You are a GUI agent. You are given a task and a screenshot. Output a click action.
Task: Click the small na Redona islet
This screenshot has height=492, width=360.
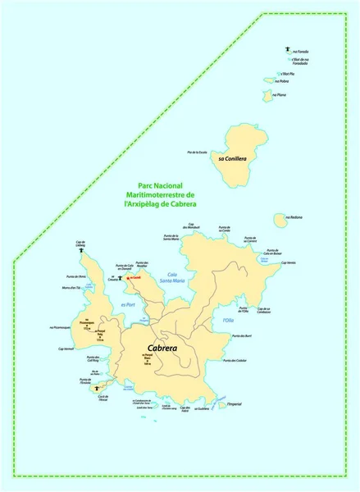click(279, 220)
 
